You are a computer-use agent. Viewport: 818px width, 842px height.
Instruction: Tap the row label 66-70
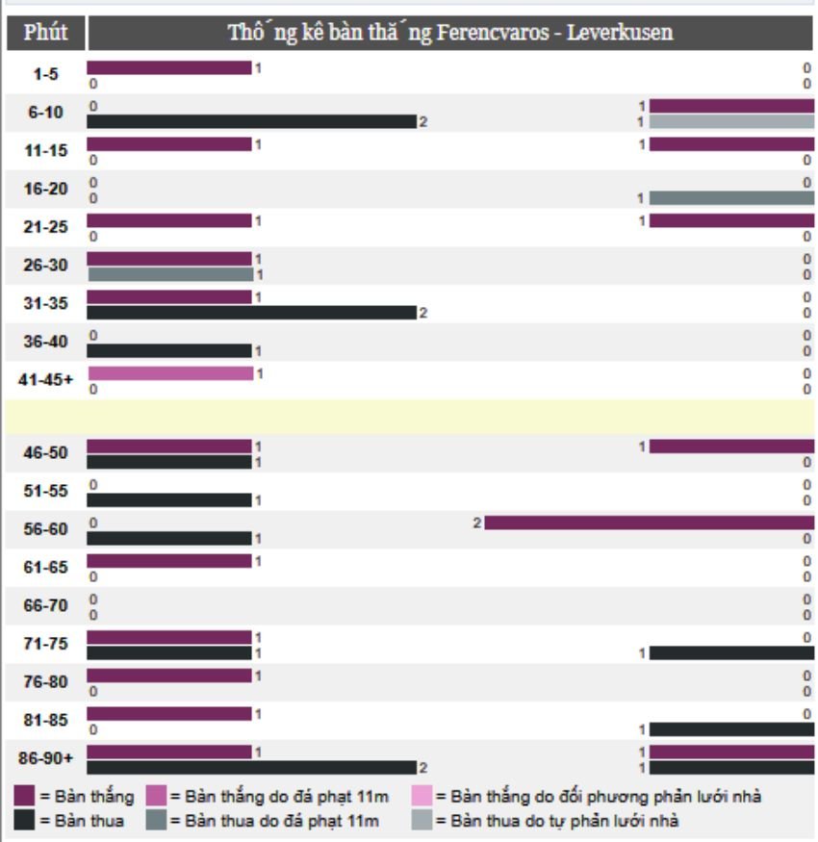pos(44,605)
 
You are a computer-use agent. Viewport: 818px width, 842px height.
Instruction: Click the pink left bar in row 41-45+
pos(170,372)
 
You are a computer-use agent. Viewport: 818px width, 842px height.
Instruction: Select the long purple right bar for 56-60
pos(649,523)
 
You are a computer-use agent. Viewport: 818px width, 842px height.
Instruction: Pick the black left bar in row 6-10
pos(251,121)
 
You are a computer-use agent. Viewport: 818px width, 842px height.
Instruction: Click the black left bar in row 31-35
pos(251,312)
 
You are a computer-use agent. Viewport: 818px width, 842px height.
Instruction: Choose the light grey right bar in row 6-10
pos(731,121)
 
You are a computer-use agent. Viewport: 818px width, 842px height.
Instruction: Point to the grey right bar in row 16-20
pos(731,197)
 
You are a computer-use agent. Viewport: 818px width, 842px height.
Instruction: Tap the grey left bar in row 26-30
pos(170,274)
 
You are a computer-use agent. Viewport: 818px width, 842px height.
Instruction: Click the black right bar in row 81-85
pos(731,729)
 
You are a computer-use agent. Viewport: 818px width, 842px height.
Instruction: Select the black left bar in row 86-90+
pos(251,767)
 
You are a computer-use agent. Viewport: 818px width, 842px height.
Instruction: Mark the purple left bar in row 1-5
pos(169,67)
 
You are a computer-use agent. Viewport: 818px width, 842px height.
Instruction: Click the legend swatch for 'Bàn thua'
pos(26,821)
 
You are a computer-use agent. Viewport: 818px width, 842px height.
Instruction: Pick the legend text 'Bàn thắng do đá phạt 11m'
pos(274,798)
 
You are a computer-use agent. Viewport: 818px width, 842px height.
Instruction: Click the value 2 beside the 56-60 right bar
pos(476,523)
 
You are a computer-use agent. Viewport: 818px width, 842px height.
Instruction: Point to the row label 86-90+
pos(44,758)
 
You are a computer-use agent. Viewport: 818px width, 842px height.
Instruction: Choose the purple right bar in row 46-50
pos(731,447)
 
